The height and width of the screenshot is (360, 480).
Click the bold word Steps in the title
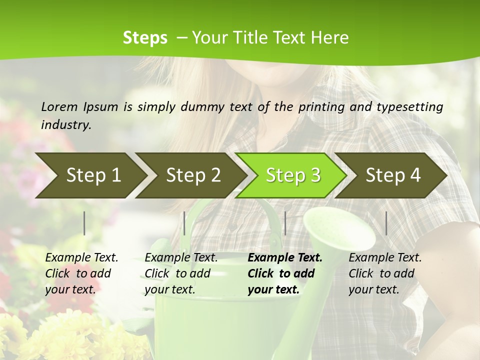[x=145, y=38]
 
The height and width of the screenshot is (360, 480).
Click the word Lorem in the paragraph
[x=59, y=106]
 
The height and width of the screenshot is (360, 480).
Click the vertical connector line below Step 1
[x=84, y=223]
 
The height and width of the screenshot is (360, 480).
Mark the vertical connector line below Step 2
[x=184, y=223]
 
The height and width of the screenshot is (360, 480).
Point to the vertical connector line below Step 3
[x=285, y=223]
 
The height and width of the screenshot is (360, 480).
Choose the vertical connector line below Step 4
[x=386, y=223]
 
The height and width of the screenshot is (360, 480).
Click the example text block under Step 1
[x=81, y=273]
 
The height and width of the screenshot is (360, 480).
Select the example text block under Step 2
[x=181, y=273]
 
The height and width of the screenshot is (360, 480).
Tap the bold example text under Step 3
[x=284, y=273]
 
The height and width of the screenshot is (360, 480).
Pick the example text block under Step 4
[x=385, y=273]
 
